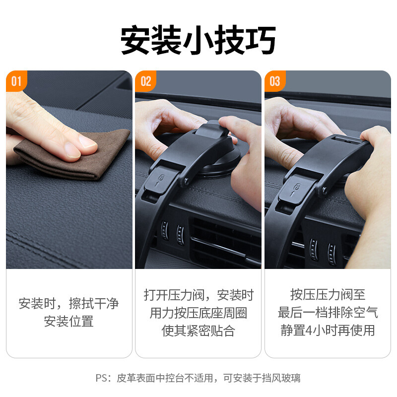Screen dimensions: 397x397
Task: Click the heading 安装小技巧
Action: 198,40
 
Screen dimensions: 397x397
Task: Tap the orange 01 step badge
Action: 16,81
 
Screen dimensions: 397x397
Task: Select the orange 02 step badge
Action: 145,81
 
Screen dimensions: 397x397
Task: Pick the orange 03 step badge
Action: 275,81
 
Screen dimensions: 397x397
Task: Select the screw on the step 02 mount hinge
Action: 187,181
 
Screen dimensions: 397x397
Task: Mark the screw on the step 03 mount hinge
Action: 324,190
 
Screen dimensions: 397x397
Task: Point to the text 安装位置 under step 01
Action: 69,321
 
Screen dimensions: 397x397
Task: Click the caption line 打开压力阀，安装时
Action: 199,295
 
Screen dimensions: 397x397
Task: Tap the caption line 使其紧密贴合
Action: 198,331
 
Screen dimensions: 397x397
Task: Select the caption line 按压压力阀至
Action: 328,294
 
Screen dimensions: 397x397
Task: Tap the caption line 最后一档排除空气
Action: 328,313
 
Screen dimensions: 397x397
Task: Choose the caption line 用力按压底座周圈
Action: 198,313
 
